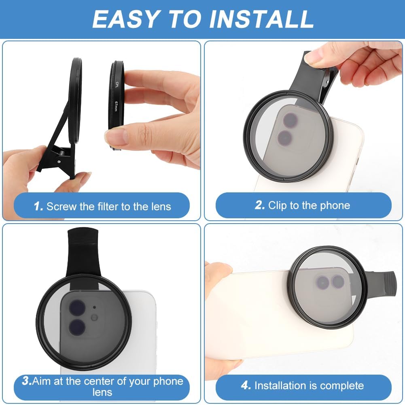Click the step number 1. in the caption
38,207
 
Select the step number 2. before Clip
260,205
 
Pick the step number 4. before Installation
246,386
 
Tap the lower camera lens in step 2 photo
285,137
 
